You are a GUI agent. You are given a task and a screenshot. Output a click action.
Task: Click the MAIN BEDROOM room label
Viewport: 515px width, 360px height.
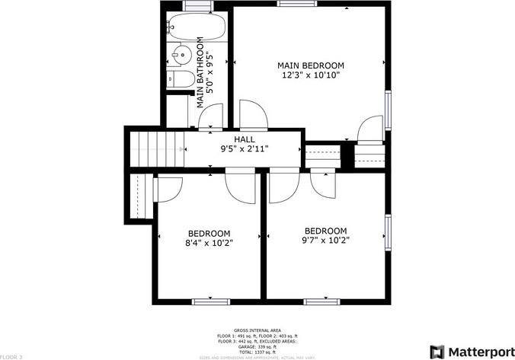310,65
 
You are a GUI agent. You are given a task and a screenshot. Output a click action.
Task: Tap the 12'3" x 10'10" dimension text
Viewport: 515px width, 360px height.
310,75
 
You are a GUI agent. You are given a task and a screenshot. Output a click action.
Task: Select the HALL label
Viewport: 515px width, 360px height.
244,139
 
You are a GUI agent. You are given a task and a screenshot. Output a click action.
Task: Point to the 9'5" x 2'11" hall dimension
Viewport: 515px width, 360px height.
244,149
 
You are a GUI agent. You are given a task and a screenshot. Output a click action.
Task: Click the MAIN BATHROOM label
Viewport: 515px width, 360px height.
202,72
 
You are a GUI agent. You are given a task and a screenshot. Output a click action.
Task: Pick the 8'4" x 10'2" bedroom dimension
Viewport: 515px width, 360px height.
209,243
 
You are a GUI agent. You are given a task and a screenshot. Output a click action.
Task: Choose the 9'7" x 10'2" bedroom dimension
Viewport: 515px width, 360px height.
325,241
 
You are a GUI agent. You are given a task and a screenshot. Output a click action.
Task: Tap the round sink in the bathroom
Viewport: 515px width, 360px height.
181,56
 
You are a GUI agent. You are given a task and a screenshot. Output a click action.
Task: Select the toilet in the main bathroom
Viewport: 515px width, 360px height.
181,78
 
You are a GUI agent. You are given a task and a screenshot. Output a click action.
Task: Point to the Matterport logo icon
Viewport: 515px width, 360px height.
438,351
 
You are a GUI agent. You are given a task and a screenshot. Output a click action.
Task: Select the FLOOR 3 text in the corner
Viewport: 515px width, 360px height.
11,355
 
